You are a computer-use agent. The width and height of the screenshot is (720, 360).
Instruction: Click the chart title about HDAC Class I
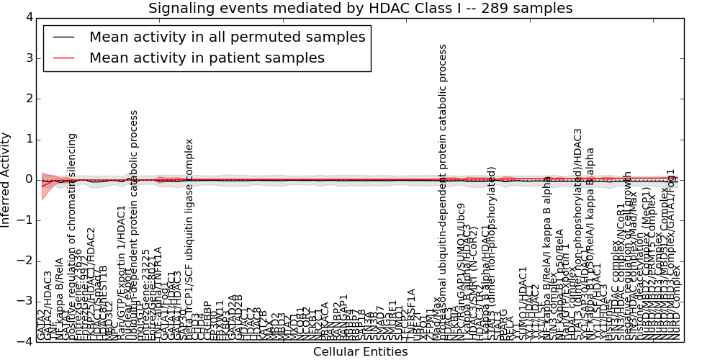coord(360,8)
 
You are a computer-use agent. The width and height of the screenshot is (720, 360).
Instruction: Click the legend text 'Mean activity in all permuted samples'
coord(227,37)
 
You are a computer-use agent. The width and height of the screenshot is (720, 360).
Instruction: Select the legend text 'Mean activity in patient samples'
coord(207,58)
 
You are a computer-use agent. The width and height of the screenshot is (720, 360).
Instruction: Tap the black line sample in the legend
coord(63,37)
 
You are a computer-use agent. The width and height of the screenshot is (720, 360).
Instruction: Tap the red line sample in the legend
coord(63,58)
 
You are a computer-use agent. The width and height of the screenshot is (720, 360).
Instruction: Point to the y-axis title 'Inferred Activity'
coord(6,179)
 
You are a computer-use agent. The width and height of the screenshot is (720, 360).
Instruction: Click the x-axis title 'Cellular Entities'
coord(360,351)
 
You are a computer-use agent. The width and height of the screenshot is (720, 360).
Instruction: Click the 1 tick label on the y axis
coord(28,139)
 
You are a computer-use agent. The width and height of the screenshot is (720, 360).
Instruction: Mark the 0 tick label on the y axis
coord(28,179)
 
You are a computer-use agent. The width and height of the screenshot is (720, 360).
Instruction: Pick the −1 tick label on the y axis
coord(25,220)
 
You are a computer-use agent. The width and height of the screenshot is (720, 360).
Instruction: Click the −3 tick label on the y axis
coord(25,302)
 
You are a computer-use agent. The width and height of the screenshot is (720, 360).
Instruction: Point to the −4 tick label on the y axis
coord(25,342)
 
